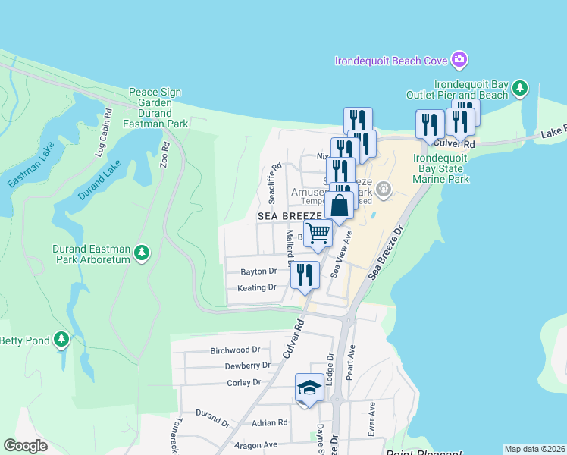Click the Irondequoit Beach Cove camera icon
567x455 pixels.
[x=458, y=59]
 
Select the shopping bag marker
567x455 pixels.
[x=340, y=205]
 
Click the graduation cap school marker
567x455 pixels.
[x=309, y=388]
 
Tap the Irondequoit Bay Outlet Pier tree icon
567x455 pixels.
[x=520, y=88]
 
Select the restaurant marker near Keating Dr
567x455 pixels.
[x=305, y=275]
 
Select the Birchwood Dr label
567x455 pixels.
[x=235, y=350]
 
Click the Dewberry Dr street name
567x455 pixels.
[x=247, y=366]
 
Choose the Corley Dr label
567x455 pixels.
[x=244, y=383]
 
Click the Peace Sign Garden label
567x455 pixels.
[x=155, y=93]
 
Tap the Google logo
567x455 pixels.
[x=26, y=446]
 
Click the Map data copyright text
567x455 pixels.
[x=534, y=449]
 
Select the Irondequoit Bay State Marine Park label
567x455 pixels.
[x=442, y=168]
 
